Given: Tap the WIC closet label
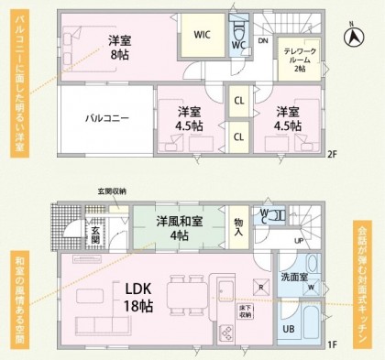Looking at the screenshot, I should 203,36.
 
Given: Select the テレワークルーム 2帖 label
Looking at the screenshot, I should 300,60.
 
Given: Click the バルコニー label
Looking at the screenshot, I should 107,118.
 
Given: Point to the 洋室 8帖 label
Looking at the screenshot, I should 120,48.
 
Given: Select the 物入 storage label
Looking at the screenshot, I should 239,227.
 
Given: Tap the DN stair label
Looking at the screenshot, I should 262,41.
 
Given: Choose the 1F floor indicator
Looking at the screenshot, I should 332,344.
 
